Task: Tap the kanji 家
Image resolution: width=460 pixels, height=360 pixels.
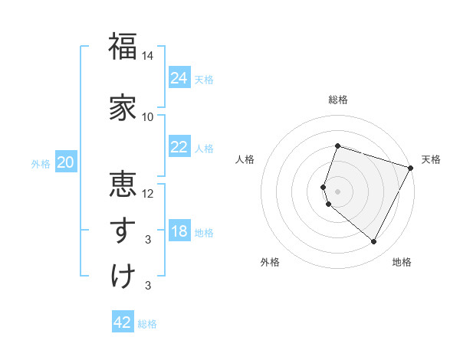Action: tap(123, 107)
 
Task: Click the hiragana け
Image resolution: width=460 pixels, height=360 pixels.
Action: tap(123, 276)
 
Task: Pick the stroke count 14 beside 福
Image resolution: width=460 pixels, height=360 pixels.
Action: tap(148, 56)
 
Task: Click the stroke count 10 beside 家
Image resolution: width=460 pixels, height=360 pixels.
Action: tap(148, 117)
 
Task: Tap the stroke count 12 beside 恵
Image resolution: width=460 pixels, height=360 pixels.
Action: tap(148, 193)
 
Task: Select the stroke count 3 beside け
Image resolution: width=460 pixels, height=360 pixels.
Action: tap(148, 286)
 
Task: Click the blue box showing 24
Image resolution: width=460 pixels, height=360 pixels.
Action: tap(179, 78)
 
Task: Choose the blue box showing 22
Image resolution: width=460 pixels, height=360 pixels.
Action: tap(179, 147)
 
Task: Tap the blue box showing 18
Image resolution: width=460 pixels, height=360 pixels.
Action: tap(179, 232)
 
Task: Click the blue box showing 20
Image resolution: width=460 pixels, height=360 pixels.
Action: tap(66, 162)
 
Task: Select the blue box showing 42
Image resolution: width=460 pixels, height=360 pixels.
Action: tap(123, 322)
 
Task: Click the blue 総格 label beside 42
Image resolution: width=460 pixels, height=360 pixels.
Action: tap(147, 324)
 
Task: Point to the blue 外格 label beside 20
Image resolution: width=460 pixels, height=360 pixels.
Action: tap(41, 164)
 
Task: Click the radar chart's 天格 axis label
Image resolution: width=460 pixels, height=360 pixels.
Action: tap(431, 159)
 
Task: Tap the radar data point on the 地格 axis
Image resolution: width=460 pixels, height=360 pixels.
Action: tap(373, 242)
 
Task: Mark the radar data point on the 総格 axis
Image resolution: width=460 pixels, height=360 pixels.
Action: tap(337, 146)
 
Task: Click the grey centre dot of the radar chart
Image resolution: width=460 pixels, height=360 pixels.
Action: tap(337, 191)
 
